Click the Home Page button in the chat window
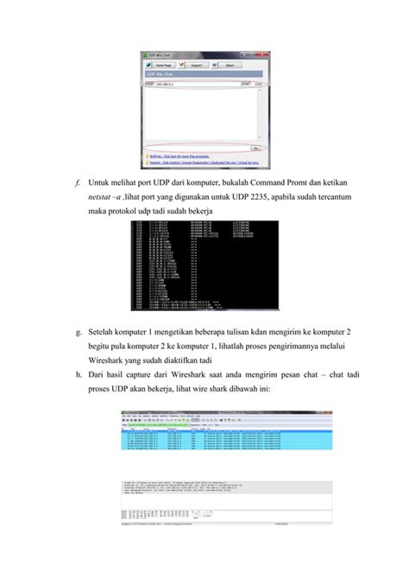click(x=166, y=65)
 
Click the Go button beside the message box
click(x=256, y=147)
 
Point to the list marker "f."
click(x=78, y=182)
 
